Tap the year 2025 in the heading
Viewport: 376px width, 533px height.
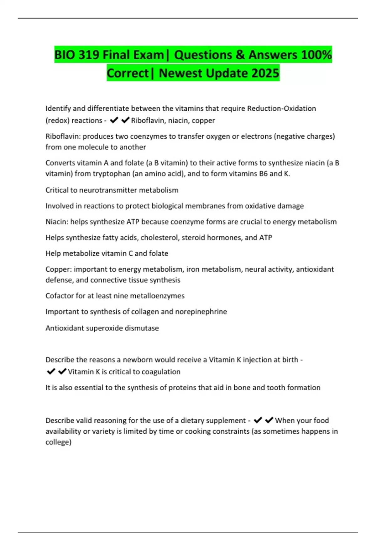point(265,73)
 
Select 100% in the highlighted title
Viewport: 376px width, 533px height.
point(316,55)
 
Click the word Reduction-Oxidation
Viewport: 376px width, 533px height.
point(281,108)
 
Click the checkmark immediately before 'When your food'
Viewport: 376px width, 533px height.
point(269,420)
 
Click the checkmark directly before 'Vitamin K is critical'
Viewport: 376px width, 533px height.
point(62,372)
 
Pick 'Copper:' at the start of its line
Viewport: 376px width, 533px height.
point(59,269)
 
